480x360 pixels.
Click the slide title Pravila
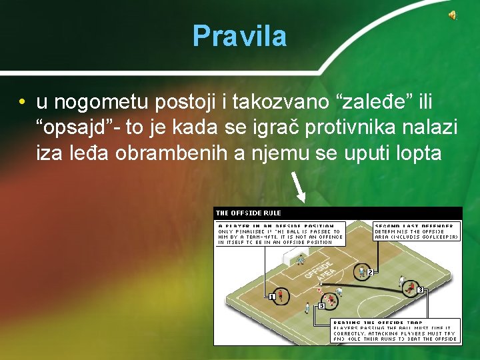239,36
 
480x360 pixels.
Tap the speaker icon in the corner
451,16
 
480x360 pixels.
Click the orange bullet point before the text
23,102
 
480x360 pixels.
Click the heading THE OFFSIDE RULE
249,213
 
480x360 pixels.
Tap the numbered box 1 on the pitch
272,296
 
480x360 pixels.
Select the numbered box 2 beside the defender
369,271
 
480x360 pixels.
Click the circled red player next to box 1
281,294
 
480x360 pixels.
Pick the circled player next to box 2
361,272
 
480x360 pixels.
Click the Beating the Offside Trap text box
396,331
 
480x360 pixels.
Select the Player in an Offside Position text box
281,234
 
